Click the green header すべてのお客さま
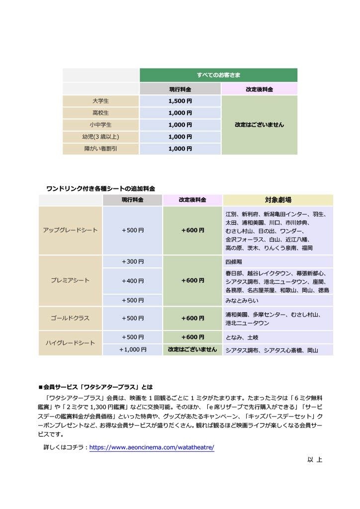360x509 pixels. pos(218,75)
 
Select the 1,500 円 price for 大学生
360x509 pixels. pos(180,101)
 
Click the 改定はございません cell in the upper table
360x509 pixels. pos(259,125)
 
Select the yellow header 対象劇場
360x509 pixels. pos(278,200)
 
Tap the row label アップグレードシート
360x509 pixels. pos(70,230)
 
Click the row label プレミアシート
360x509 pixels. pos(70,280)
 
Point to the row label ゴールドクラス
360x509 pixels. pos(70,318)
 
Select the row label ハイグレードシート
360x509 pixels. pos(70,343)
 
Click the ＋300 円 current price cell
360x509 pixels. pos(132,261)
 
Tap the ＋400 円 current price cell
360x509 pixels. pos(132,281)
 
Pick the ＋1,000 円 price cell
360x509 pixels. pos(132,350)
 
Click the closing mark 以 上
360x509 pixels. pos(315,460)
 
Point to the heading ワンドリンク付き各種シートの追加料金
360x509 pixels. pos(100,189)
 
